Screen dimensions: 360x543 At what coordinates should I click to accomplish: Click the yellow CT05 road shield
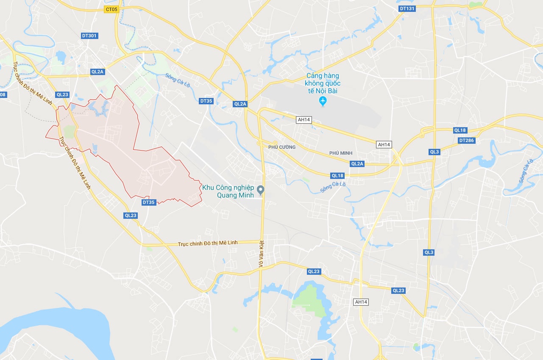(x=111, y=9)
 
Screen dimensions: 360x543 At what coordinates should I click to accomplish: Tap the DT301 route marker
(x=89, y=36)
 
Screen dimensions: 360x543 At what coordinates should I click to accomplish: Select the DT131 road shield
(x=407, y=8)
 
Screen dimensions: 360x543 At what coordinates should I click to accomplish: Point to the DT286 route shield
(x=467, y=140)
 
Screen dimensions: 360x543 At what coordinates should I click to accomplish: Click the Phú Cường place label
(x=282, y=147)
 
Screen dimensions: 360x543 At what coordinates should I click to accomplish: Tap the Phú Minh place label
(x=340, y=153)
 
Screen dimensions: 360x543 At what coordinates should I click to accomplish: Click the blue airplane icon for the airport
(x=323, y=101)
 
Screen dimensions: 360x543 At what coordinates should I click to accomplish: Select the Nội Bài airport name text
(x=323, y=83)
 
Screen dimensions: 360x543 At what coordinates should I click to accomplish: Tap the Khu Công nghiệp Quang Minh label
(x=228, y=191)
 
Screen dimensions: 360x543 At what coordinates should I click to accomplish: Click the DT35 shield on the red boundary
(x=149, y=202)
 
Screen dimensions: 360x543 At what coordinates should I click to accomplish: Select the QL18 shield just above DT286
(x=460, y=130)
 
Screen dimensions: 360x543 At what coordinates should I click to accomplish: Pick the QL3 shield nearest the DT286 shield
(x=434, y=152)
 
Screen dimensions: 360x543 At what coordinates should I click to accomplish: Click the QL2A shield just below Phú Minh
(x=357, y=164)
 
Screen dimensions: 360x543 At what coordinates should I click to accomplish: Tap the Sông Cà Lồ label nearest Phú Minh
(x=333, y=187)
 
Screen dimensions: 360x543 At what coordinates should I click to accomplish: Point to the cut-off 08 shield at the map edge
(x=3, y=95)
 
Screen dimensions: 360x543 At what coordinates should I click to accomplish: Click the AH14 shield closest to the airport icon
(x=304, y=120)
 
